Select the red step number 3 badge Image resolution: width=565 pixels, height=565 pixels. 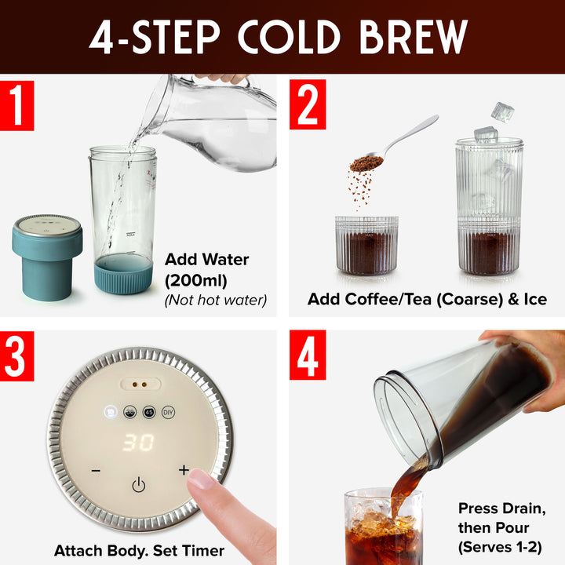click(17, 356)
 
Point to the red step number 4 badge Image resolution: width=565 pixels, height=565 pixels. click(308, 356)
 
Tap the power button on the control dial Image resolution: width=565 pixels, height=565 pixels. click(138, 485)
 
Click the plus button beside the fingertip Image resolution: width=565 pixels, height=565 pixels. click(184, 470)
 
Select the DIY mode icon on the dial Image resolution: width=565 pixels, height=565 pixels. click(167, 412)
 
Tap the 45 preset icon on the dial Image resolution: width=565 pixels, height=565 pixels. click(148, 412)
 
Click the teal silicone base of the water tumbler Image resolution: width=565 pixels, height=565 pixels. click(123, 274)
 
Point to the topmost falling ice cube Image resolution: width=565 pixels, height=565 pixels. click(502, 111)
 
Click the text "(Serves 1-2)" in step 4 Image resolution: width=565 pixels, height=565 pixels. click(500, 546)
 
